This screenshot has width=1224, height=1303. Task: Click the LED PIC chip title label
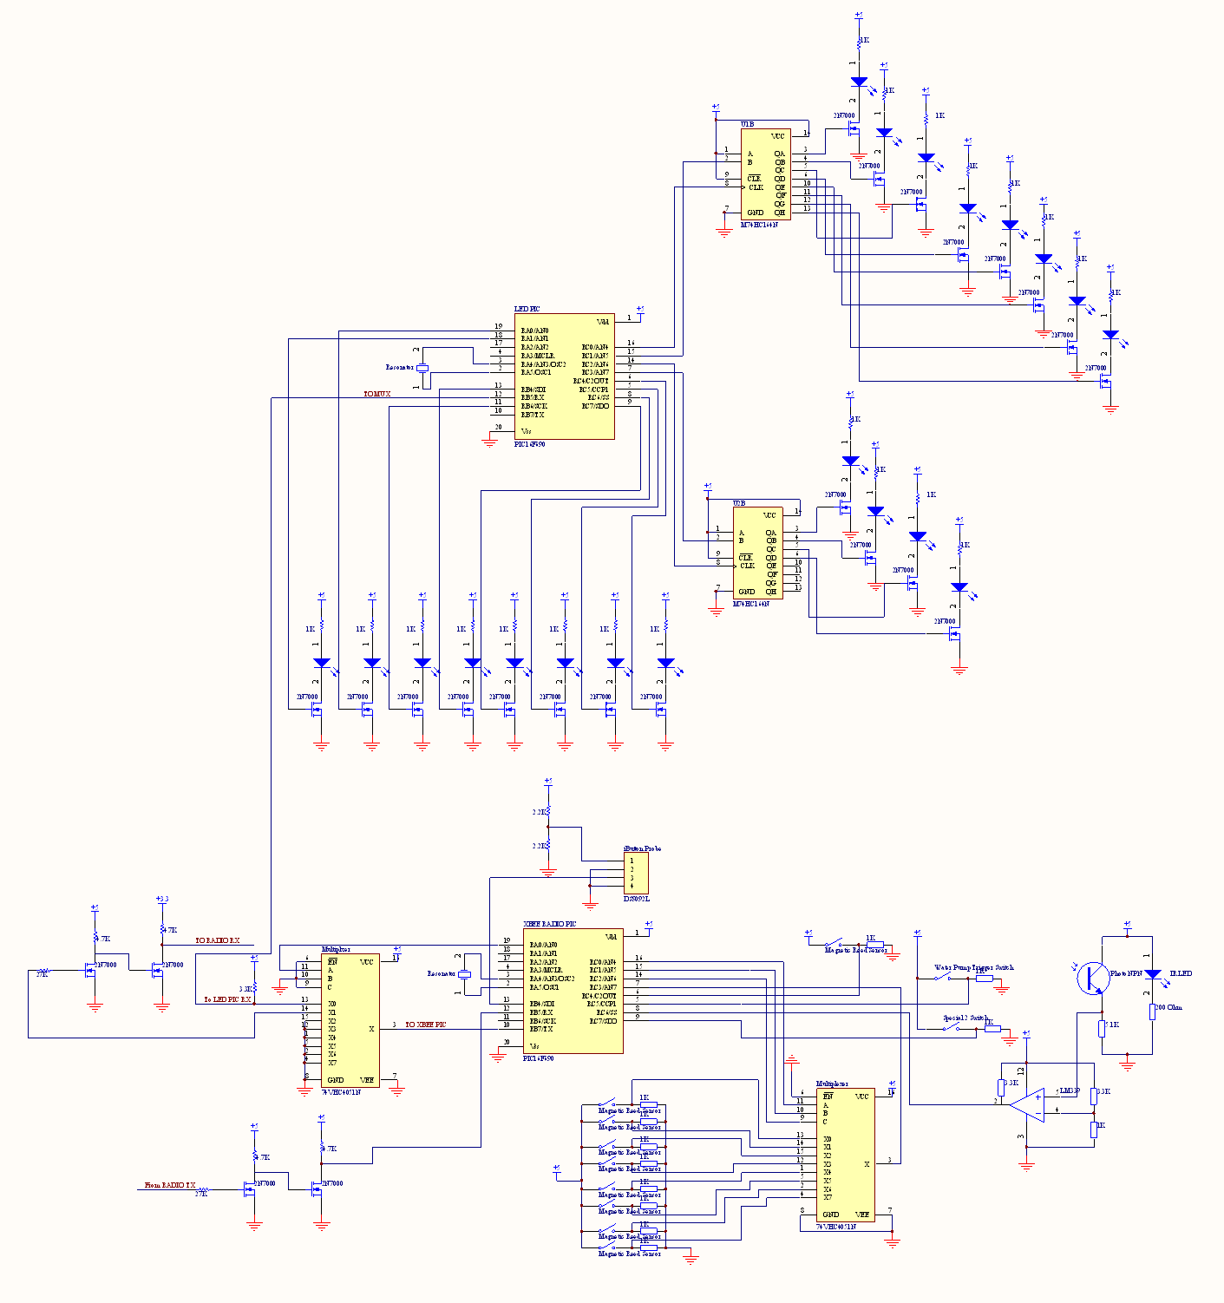point(527,309)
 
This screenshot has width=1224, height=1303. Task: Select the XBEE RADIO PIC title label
point(549,924)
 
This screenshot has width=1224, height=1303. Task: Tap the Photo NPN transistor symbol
point(1091,978)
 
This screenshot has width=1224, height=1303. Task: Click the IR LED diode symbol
point(1153,974)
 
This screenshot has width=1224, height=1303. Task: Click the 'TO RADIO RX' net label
point(217,940)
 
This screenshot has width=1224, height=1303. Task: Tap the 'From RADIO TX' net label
point(169,1185)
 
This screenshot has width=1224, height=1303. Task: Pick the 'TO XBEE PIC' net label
point(425,1025)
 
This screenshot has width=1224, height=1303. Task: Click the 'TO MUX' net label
point(376,394)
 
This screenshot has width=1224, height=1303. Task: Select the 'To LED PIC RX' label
point(227,999)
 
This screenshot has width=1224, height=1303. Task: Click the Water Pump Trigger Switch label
point(973,967)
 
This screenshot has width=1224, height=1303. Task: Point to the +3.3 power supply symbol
point(161,900)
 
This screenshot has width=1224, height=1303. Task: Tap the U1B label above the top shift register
point(747,124)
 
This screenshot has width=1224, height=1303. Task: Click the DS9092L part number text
point(636,899)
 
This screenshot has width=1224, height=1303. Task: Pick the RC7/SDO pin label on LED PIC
point(595,406)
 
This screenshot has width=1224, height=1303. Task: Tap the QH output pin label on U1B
point(780,213)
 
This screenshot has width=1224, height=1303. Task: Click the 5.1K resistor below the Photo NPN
point(1102,1028)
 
